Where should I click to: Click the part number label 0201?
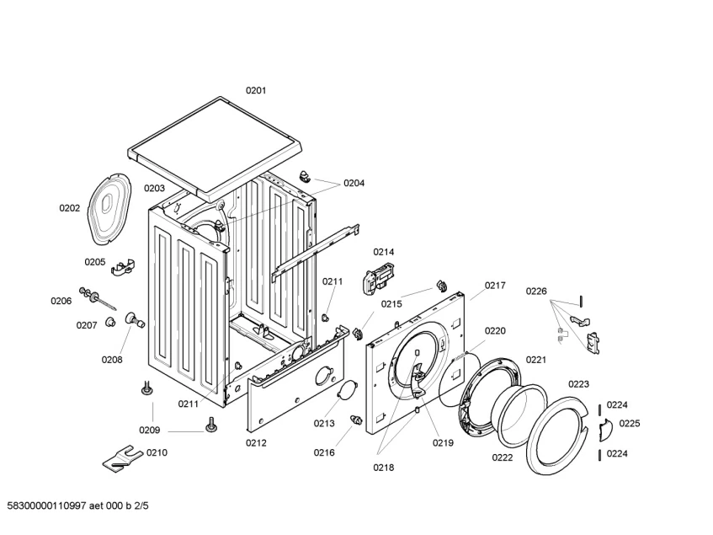point(256,90)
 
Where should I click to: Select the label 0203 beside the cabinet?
point(154,189)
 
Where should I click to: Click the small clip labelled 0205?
point(125,266)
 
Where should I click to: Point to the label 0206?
point(61,301)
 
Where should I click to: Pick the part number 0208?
point(112,360)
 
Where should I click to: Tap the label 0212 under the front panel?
point(256,443)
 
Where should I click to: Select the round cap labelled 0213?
point(345,390)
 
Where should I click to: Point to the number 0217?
point(495,286)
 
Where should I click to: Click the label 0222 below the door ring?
point(503,457)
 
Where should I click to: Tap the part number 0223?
point(578,384)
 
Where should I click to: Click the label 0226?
point(536,292)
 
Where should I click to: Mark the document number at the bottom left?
point(77,507)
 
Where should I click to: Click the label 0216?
point(324,452)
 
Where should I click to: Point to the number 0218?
point(384,467)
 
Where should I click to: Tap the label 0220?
point(495,331)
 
